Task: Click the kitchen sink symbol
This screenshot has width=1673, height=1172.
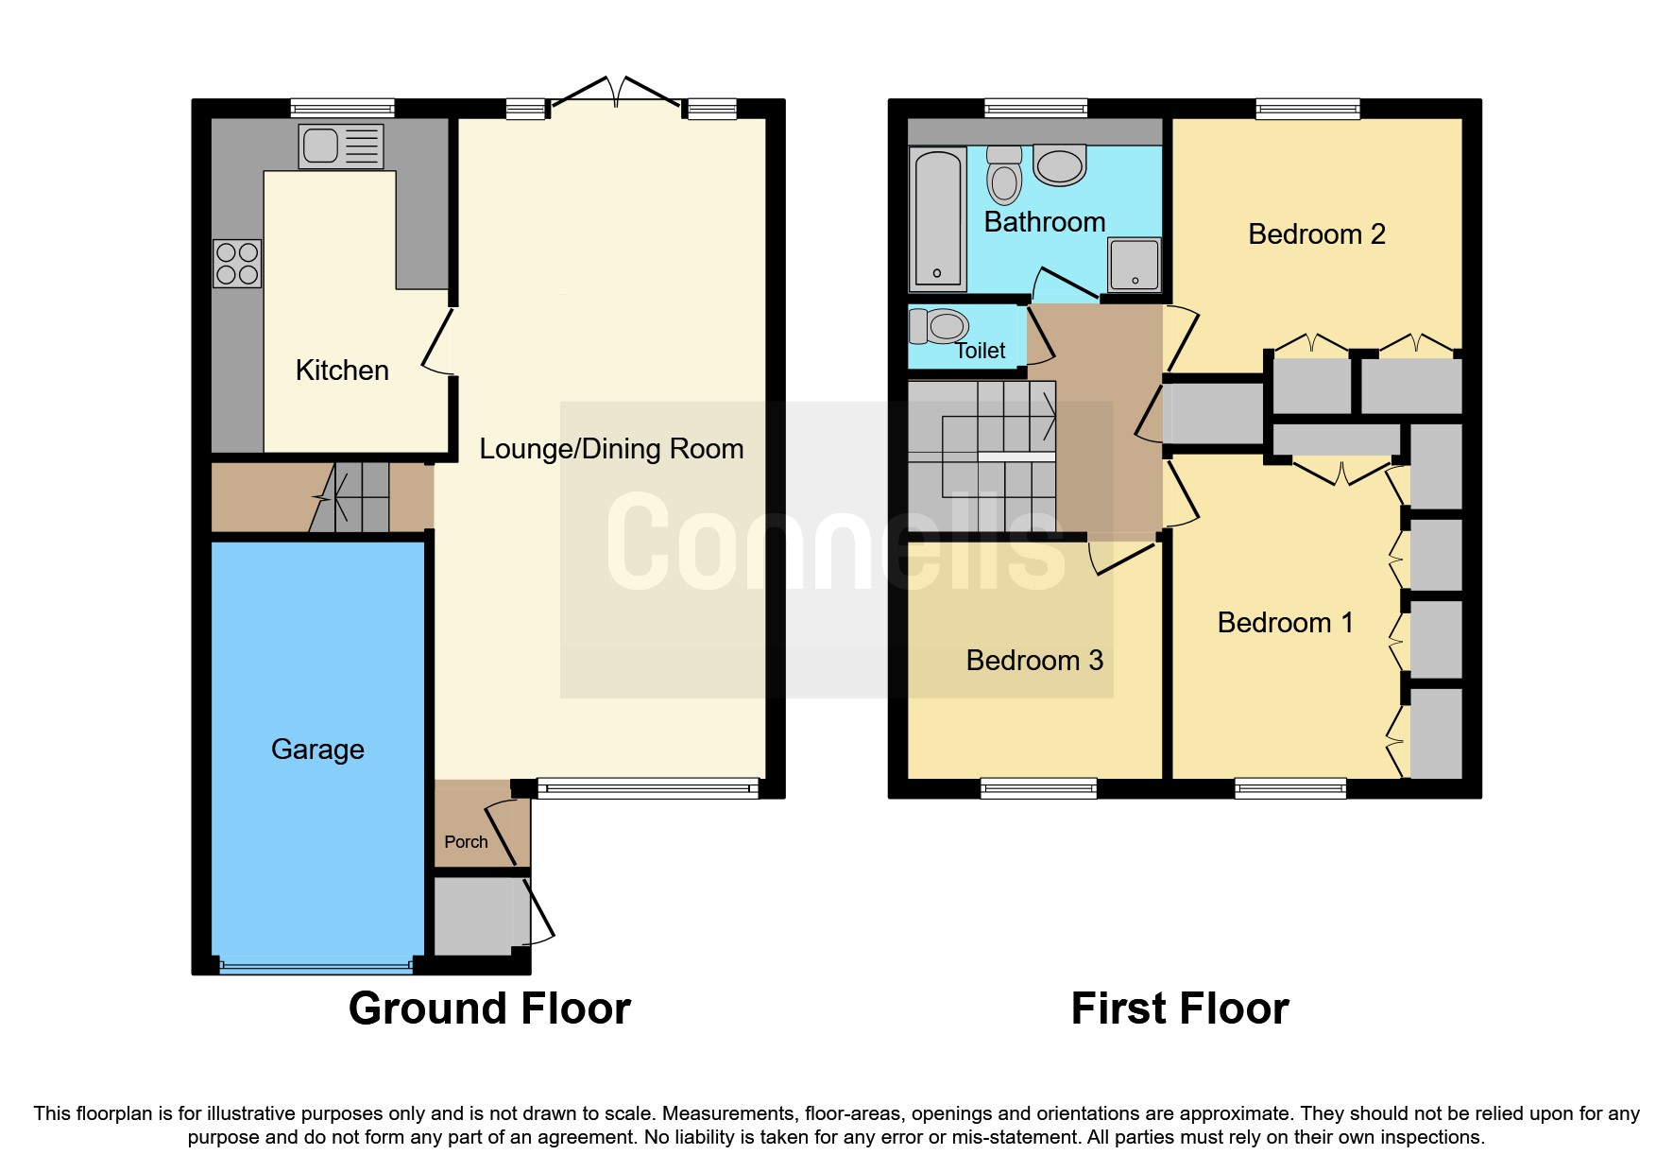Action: (x=341, y=146)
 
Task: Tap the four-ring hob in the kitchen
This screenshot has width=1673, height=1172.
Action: (x=237, y=264)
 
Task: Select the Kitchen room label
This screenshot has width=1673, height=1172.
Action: (x=342, y=371)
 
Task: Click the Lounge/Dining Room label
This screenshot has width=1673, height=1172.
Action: (x=611, y=449)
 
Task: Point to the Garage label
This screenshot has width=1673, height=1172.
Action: (x=317, y=750)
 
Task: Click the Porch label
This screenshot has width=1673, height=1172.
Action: (x=466, y=842)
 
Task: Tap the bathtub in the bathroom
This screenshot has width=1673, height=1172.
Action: (x=937, y=218)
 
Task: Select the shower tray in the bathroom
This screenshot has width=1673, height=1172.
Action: (x=1134, y=264)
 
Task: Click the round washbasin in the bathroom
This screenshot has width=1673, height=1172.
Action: (x=1059, y=165)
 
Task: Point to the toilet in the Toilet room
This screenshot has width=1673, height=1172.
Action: (x=939, y=327)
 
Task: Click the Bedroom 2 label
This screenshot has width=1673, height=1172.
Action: (x=1316, y=234)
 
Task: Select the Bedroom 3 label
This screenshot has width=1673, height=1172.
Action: (x=1034, y=661)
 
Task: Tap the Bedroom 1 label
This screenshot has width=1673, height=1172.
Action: (x=1285, y=623)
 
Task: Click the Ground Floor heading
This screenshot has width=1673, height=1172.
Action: (x=489, y=1008)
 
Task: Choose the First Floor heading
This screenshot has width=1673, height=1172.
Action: (x=1179, y=1008)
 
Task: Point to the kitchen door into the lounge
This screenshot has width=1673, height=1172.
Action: (x=436, y=342)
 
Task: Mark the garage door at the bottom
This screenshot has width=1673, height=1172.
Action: (x=316, y=966)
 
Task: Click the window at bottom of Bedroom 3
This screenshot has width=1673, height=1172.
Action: (x=1038, y=788)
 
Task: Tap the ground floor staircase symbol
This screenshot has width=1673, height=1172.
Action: (x=350, y=497)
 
